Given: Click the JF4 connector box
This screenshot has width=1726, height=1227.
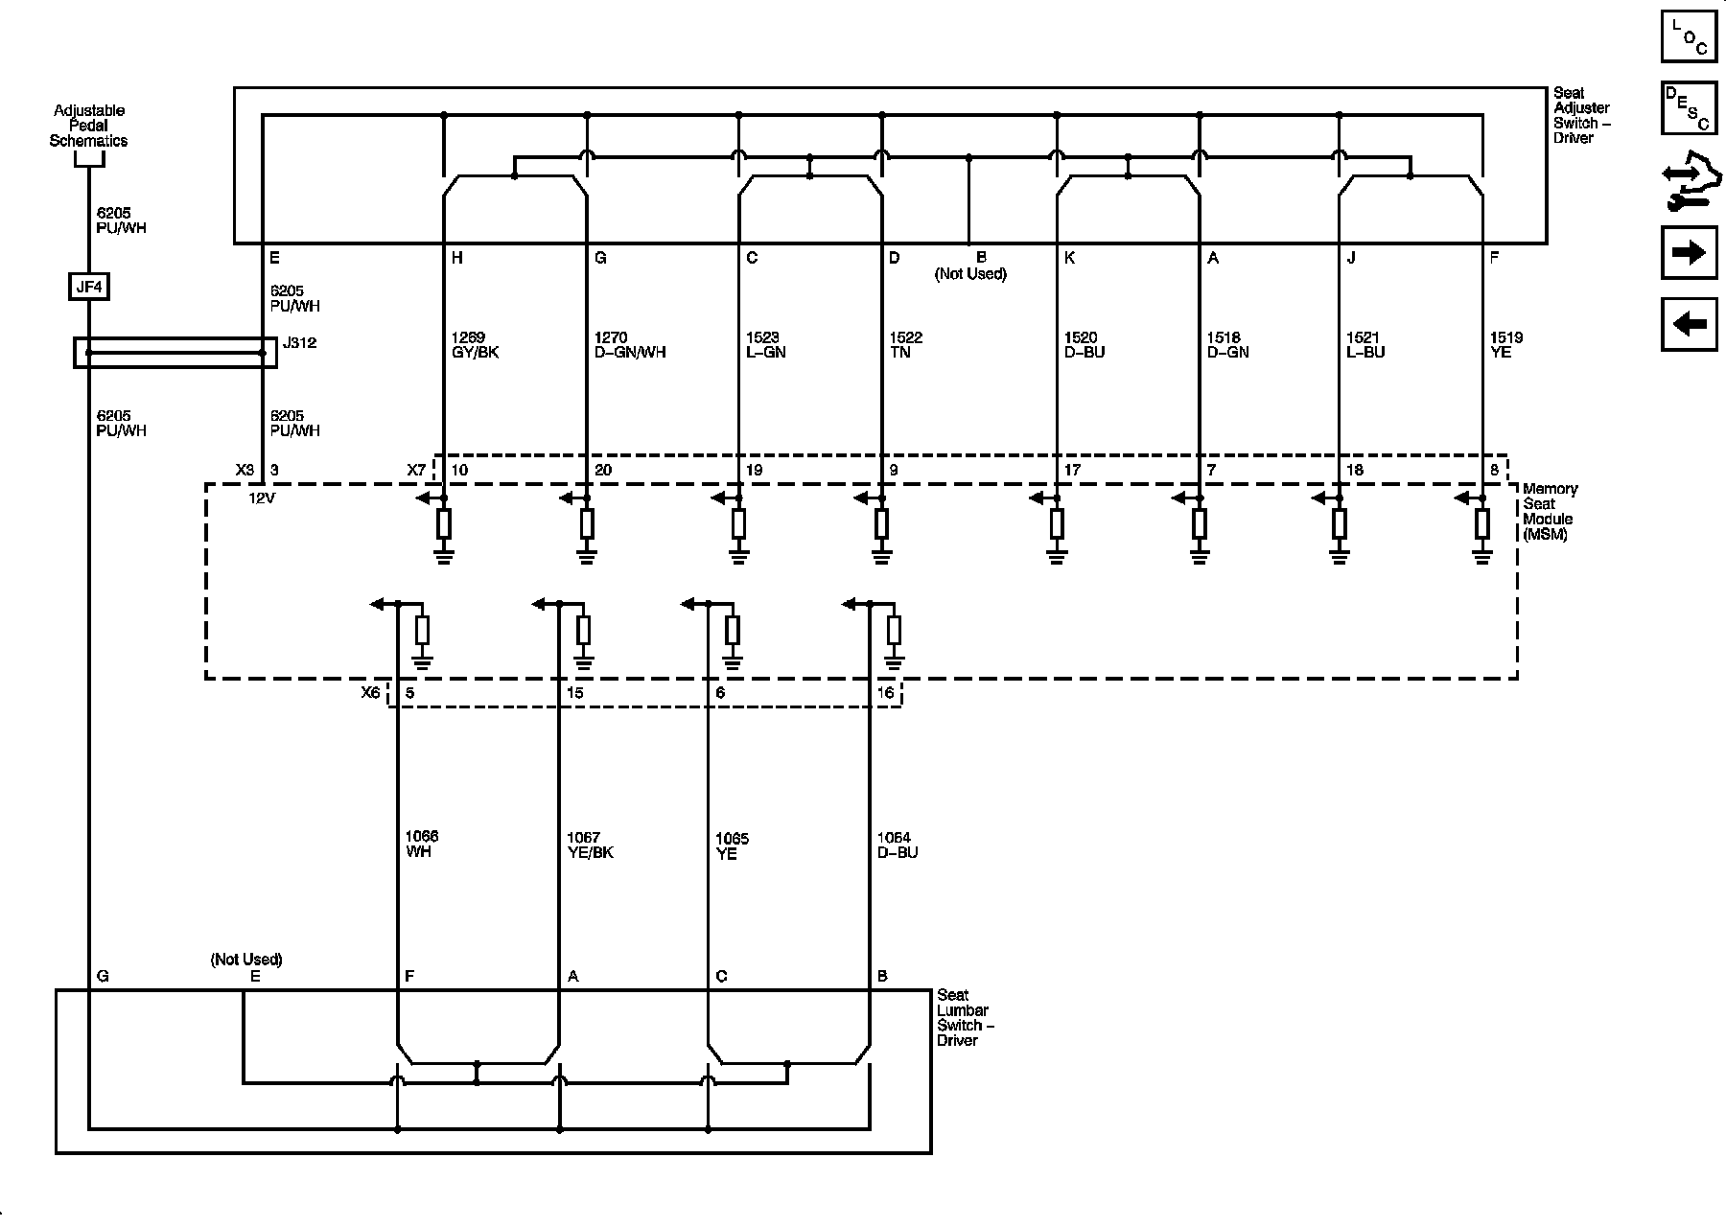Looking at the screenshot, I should [x=88, y=286].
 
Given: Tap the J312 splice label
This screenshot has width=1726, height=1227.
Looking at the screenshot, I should [x=299, y=342].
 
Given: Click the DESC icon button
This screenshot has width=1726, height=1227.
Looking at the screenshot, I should [x=1689, y=107].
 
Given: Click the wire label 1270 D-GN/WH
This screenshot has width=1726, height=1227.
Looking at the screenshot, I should [x=629, y=345].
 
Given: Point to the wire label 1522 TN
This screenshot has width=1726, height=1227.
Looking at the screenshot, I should [x=906, y=345].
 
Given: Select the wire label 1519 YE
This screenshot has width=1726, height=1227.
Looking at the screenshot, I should [x=1506, y=345].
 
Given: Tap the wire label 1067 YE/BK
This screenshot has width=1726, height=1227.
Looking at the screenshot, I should [x=590, y=845].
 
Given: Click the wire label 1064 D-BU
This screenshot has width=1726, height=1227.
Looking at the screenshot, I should [x=897, y=845].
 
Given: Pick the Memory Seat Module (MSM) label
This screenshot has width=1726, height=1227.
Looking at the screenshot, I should [x=1550, y=512].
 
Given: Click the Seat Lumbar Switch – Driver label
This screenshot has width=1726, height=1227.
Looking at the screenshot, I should [x=966, y=1017].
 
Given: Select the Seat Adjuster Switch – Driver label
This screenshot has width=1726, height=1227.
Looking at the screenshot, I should [x=1581, y=115].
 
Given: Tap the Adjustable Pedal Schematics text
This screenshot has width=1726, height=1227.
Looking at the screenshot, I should [x=88, y=126].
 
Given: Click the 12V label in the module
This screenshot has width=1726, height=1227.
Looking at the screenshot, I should [x=262, y=498].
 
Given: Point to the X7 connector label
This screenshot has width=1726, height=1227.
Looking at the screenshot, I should [x=416, y=470].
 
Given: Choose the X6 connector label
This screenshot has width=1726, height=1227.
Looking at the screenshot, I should [x=371, y=692].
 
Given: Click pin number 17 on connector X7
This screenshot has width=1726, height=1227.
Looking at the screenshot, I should [x=1072, y=470].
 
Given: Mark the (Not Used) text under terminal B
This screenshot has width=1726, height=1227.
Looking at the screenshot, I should [x=970, y=274].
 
